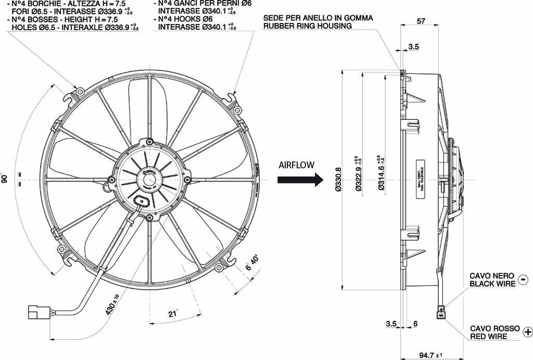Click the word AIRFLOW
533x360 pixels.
point(296,165)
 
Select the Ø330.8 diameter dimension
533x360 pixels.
point(338,180)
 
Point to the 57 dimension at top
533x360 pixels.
point(422,22)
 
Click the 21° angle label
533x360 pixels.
point(173,313)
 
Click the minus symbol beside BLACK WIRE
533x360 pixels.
point(523,279)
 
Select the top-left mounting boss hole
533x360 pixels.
point(80,92)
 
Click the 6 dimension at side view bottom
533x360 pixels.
point(415,324)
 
